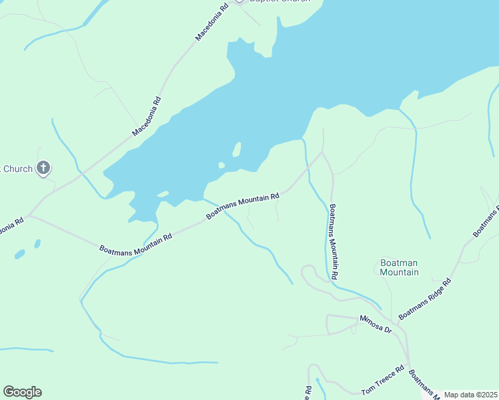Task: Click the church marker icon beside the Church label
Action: tap(43, 168)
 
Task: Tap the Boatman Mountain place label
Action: tap(399, 267)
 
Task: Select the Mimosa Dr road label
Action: tap(376, 324)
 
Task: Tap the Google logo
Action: tap(22, 392)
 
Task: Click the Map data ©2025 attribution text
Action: tap(470, 395)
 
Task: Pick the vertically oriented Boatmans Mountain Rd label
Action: tap(334, 241)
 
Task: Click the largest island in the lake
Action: tap(236, 149)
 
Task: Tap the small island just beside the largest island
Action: tap(221, 165)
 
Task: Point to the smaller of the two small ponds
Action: tap(37, 243)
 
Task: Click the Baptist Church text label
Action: tap(280, 1)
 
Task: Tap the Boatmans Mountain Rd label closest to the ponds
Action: tap(136, 243)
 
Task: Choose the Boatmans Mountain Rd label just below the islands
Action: tap(242, 207)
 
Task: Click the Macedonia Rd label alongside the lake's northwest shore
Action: tap(147, 117)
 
